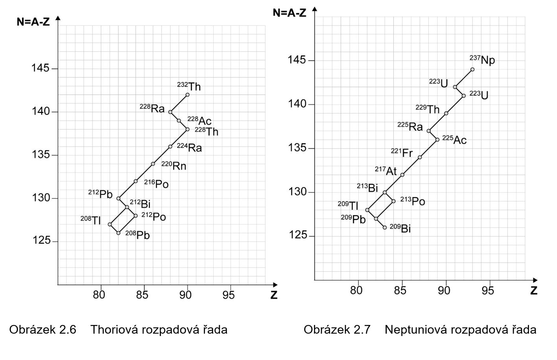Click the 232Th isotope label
point(189,86)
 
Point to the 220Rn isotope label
point(173,166)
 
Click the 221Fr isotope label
point(402,152)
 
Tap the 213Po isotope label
point(413,201)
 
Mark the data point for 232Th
point(187,95)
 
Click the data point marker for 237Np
point(472,69)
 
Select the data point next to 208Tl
point(110,224)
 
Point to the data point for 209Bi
point(385,227)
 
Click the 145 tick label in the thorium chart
point(41,68)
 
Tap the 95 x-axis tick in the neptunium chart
point(488,290)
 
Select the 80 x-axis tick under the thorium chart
point(99,295)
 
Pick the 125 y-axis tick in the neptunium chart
point(297,235)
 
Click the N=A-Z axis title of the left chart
point(33,22)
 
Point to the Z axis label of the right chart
point(534,290)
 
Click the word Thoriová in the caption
point(114,329)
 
